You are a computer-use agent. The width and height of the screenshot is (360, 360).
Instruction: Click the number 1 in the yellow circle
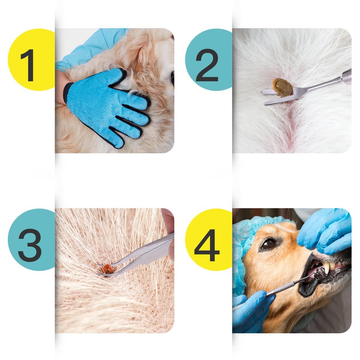(28, 65)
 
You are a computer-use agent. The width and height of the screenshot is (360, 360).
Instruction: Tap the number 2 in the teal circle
(207, 65)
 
